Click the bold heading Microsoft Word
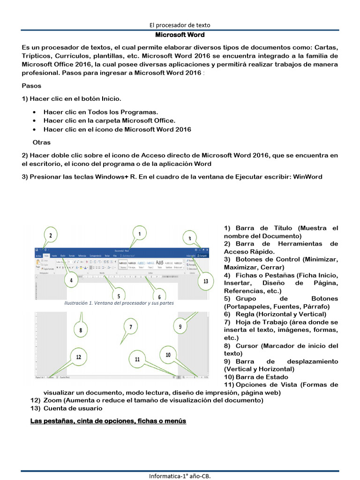(x=180, y=35)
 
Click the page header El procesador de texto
(x=180, y=25)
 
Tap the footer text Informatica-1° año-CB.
(x=180, y=476)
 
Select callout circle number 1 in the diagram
(x=139, y=232)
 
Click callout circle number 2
(x=51, y=235)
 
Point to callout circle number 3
(x=189, y=239)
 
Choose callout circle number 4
(x=71, y=281)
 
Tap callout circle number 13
(x=205, y=281)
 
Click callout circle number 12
(x=79, y=357)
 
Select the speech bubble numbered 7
(x=131, y=327)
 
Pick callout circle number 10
(x=168, y=355)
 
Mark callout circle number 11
(x=137, y=359)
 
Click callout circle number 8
(x=81, y=330)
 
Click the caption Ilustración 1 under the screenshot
(x=119, y=303)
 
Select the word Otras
(x=42, y=142)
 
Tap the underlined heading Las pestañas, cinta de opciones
(x=108, y=421)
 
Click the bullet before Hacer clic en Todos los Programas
(x=35, y=112)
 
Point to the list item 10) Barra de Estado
(x=256, y=377)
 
